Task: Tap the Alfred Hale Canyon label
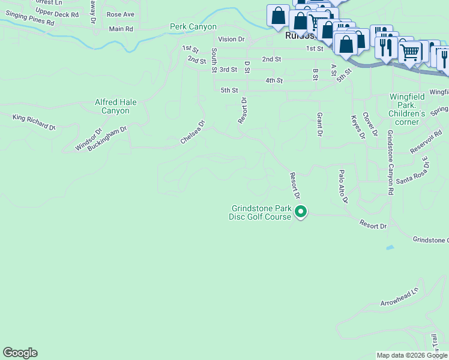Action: click(115, 107)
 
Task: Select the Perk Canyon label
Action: click(193, 27)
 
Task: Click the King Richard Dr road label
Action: click(34, 122)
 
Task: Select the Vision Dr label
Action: click(232, 39)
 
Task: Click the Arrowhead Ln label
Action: click(399, 299)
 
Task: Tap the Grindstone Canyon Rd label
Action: click(390, 162)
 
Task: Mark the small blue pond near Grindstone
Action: click(391, 247)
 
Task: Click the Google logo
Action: click(20, 353)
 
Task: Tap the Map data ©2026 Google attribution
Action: click(412, 356)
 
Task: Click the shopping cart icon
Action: click(409, 52)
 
